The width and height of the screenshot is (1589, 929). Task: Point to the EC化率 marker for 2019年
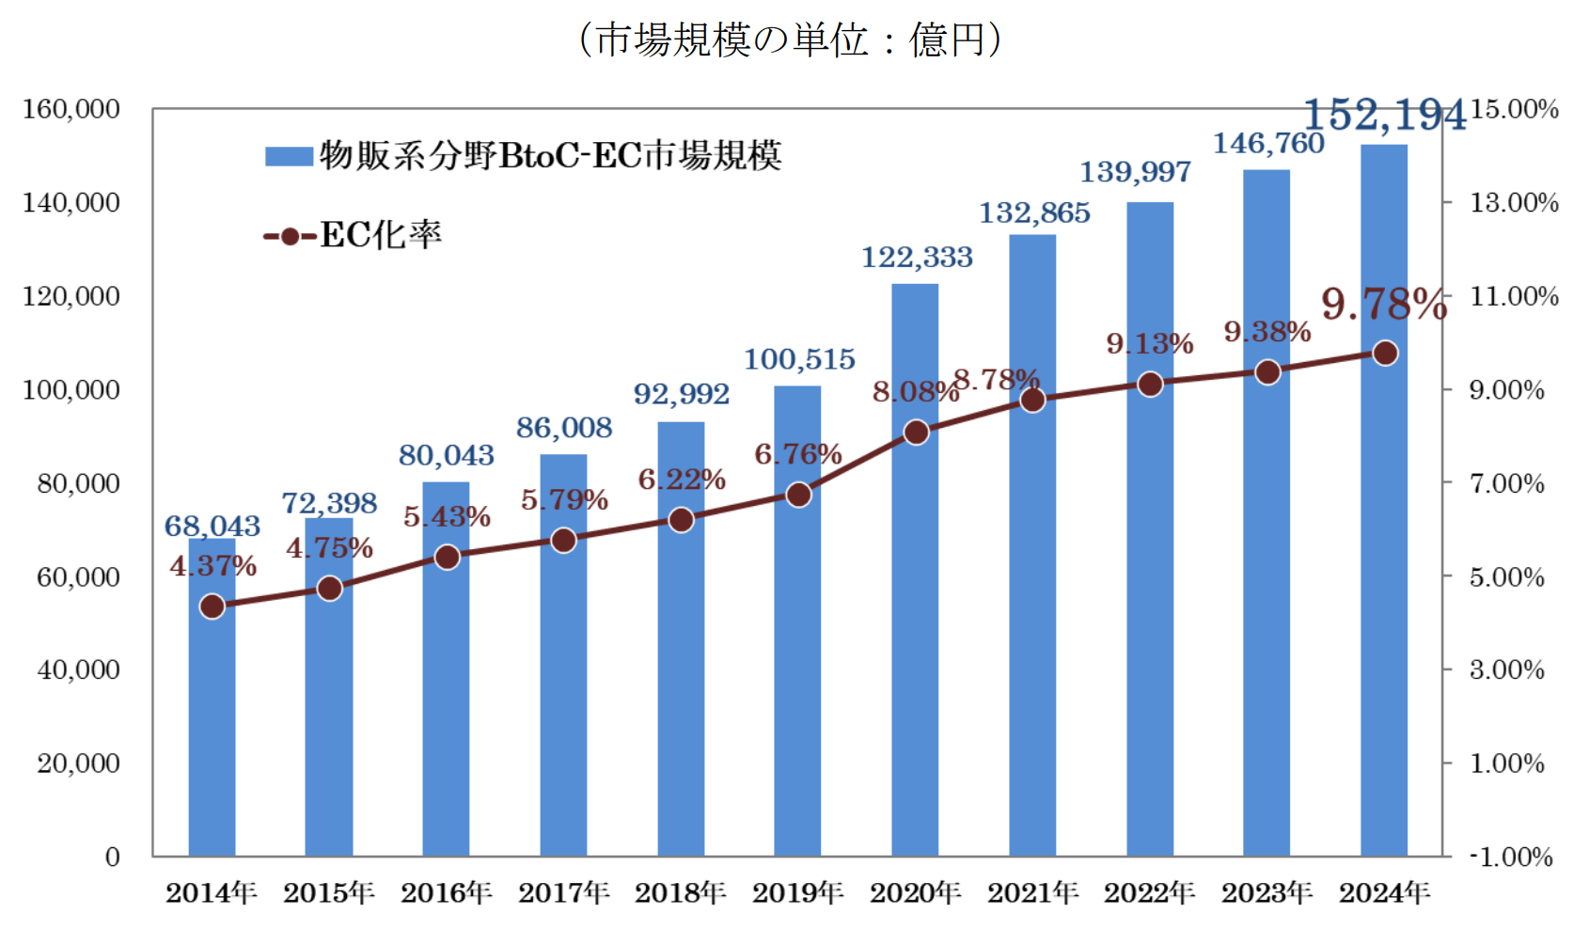(798, 495)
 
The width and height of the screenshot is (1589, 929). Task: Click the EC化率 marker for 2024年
(1385, 354)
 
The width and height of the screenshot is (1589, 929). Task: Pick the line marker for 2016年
(448, 558)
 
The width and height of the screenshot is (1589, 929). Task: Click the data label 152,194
(1384, 116)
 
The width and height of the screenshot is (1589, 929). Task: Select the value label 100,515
(799, 359)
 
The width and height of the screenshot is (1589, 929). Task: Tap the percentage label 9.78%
(1383, 305)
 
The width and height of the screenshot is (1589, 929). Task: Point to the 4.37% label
(212, 566)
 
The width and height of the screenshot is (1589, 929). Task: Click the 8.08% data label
(914, 391)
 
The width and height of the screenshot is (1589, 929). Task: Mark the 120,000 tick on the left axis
(71, 296)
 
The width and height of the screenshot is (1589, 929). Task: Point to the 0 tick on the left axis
(113, 857)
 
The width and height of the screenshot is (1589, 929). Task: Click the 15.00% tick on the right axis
(1514, 109)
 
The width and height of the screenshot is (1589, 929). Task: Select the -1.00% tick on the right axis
(1511, 857)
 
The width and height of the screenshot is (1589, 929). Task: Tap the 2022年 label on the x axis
(1149, 892)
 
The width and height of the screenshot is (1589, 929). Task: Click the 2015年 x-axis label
(329, 892)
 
